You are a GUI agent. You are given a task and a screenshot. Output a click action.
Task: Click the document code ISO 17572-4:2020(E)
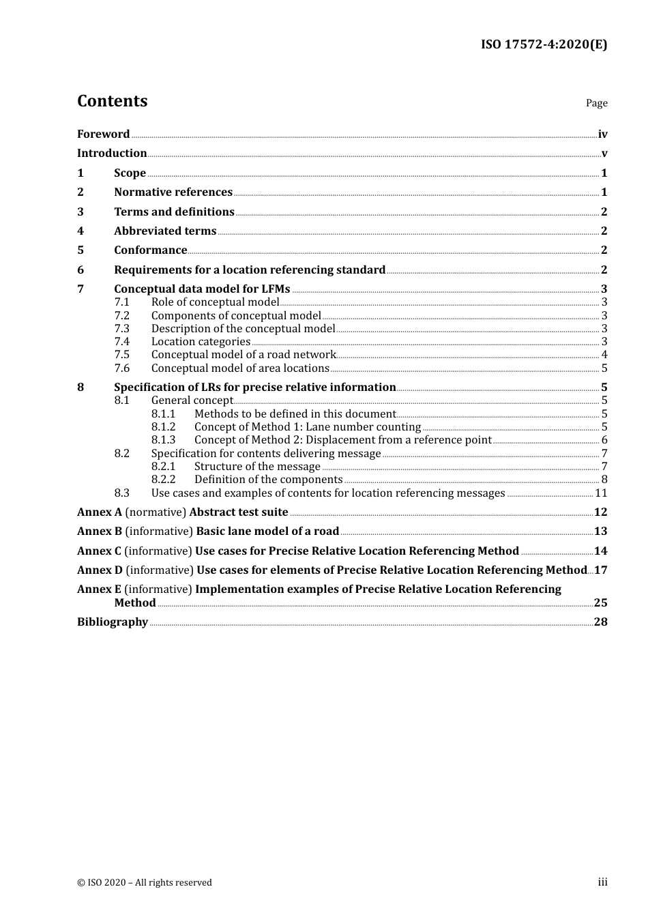click(x=544, y=44)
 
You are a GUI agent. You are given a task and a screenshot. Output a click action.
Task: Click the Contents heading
click(x=112, y=101)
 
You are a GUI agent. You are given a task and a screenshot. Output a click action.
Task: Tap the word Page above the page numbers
click(x=596, y=103)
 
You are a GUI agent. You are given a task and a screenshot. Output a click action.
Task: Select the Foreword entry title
click(x=103, y=134)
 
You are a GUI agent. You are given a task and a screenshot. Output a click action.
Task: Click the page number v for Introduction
click(x=604, y=154)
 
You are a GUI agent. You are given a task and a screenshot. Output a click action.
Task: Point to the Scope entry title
click(x=130, y=173)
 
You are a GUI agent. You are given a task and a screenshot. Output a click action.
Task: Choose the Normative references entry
click(x=173, y=192)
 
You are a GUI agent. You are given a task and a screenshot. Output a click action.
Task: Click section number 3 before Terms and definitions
click(x=80, y=212)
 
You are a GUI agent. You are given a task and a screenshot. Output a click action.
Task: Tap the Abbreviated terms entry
click(x=164, y=231)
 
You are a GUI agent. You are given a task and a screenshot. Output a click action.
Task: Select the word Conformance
click(x=150, y=250)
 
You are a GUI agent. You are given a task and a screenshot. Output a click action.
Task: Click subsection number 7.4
click(x=121, y=342)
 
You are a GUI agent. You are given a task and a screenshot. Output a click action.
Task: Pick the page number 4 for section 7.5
click(x=604, y=355)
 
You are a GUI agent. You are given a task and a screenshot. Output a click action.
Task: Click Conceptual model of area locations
click(x=240, y=368)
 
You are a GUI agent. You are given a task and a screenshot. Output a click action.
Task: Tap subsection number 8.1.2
click(x=163, y=427)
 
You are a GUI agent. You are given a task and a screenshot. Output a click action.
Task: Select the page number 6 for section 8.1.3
click(x=604, y=440)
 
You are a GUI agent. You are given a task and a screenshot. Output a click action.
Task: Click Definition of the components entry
click(x=268, y=480)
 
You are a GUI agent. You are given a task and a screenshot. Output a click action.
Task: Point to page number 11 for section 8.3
click(x=601, y=493)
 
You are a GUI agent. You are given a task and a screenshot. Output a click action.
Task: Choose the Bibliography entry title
click(x=113, y=622)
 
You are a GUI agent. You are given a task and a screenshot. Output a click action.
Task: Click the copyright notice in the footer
click(x=145, y=883)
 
